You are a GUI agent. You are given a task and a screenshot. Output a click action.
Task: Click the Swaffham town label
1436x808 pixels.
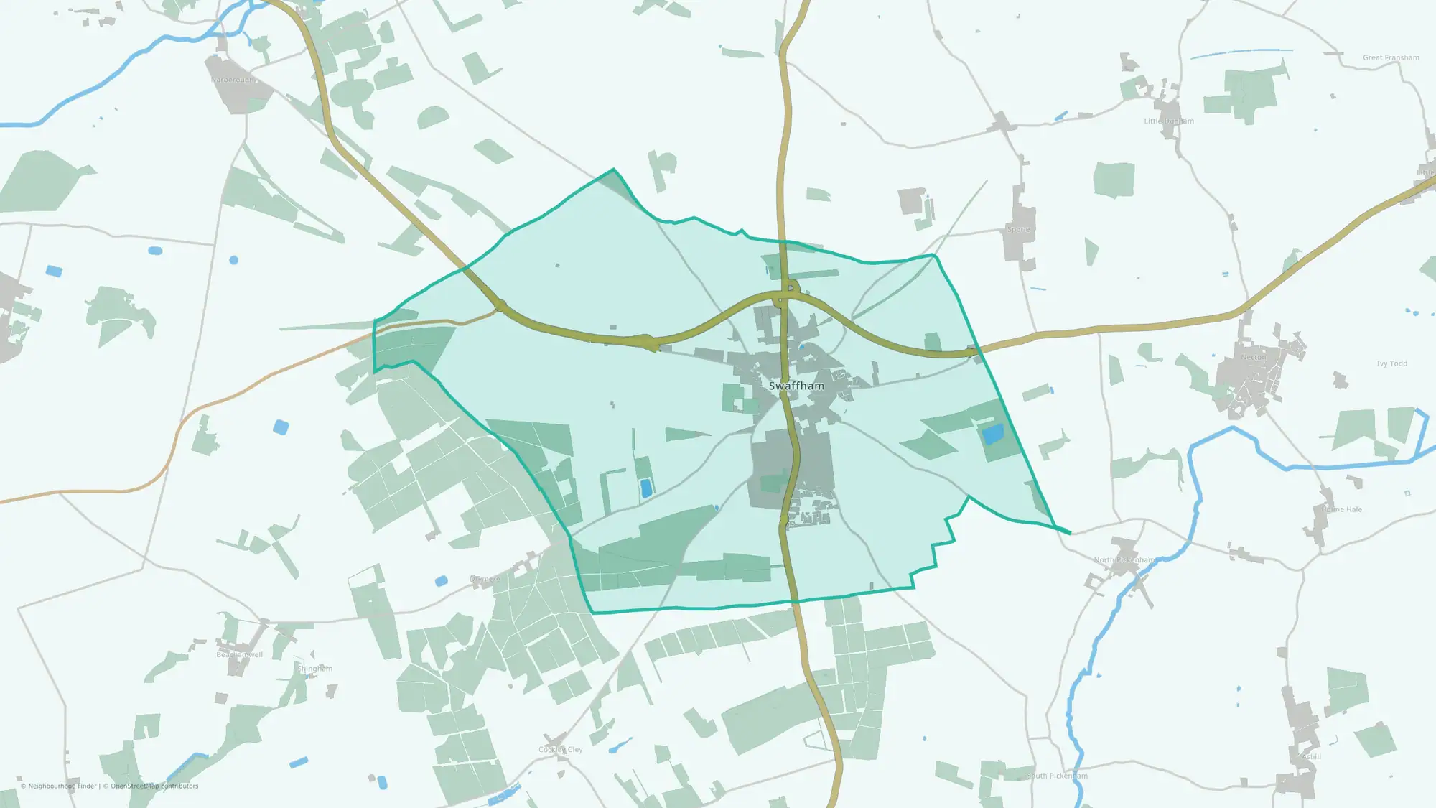(796, 386)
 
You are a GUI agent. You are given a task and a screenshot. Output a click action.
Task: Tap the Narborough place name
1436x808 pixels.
(233, 80)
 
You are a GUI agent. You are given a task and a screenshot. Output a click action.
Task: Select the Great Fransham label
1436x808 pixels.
(1391, 57)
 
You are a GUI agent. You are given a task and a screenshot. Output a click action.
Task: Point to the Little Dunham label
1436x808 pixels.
(1169, 121)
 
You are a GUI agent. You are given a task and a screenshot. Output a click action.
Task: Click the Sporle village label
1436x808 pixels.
(1018, 229)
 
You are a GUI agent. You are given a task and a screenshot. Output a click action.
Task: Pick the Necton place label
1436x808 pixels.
(1254, 357)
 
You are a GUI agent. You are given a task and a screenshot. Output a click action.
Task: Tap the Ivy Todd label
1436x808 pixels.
(1391, 363)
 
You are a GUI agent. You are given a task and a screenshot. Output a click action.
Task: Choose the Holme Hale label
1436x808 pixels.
(1342, 509)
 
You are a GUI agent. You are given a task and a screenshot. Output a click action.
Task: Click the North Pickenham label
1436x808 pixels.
(1124, 560)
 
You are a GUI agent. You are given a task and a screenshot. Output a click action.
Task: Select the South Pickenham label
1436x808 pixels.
(1057, 776)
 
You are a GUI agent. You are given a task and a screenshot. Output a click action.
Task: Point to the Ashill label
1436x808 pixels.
(1311, 756)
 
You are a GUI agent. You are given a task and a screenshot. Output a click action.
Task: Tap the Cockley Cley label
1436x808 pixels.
(561, 749)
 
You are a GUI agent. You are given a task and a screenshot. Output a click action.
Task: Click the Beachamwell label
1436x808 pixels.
(240, 654)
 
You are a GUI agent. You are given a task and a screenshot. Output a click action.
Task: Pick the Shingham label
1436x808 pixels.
(315, 668)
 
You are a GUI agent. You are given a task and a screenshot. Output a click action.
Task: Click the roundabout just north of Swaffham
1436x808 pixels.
(790, 288)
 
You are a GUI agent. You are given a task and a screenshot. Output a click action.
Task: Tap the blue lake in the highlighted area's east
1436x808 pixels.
(992, 435)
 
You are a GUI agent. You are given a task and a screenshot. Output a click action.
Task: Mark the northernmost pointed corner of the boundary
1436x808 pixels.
(613, 170)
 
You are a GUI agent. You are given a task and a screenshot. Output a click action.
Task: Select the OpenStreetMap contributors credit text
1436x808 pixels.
(154, 786)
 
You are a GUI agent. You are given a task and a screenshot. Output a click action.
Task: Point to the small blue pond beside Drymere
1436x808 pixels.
(441, 580)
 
